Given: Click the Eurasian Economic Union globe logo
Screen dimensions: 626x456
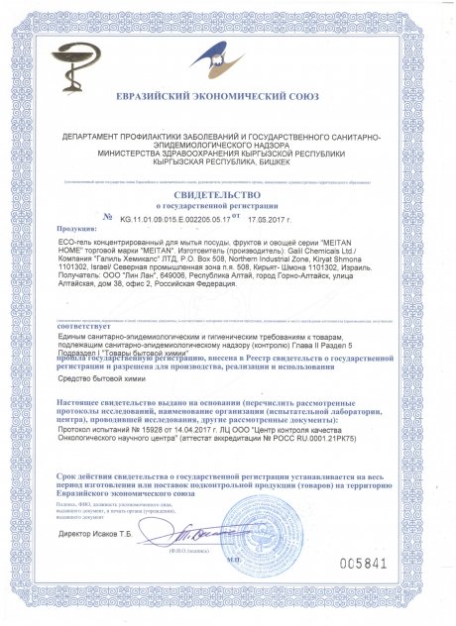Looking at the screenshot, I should pos(226,58).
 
